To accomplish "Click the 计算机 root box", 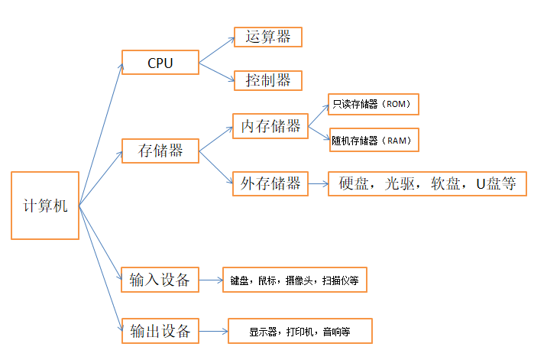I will pos(45,206).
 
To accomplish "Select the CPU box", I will pos(160,63).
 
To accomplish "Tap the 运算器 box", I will pos(267,37).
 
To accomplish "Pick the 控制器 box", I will pos(267,80).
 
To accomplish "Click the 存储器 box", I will pos(160,151).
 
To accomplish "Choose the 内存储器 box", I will pos(270,126).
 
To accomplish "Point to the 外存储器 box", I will pos(270,183).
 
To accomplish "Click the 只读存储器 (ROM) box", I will pos(373,104).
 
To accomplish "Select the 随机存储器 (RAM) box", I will pos(373,140).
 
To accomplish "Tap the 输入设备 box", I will pos(160,280).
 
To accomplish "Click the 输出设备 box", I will pos(160,332).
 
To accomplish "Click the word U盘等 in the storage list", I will pos(497,184).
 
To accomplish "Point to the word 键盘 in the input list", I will pos(240,280).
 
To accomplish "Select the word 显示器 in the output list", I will pos(263,332).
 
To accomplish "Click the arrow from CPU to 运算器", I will pos(217,49).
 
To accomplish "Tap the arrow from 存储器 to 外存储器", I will pos(215,167).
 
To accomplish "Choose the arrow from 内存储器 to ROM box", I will pos(319,115).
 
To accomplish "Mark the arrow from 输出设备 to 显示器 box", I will pos(215,332).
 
